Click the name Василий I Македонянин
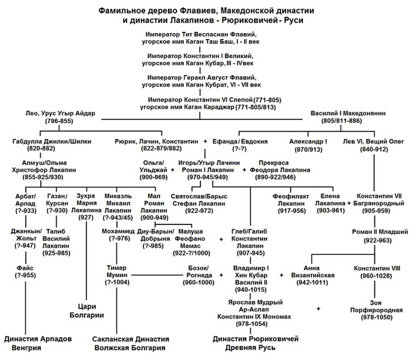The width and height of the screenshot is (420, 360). click(x=348, y=113)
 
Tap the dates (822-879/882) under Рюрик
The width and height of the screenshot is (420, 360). click(x=161, y=149)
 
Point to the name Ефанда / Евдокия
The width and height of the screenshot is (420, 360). click(x=240, y=142)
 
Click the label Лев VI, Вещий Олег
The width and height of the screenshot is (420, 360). click(x=373, y=142)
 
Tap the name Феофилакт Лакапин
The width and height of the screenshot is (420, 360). click(x=290, y=200)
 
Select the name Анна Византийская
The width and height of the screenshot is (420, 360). click(x=313, y=272)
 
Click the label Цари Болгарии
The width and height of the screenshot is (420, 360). click(x=86, y=311)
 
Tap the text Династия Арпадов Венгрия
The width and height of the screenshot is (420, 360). click(x=38, y=343)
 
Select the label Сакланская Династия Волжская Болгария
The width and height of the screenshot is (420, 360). click(x=130, y=343)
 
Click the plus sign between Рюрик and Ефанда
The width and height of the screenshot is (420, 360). click(x=205, y=142)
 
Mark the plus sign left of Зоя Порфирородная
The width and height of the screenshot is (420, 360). click(x=318, y=309)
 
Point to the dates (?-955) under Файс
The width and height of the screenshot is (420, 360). click(x=25, y=275)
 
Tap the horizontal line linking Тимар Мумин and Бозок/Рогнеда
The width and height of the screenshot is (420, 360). click(x=157, y=275)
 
